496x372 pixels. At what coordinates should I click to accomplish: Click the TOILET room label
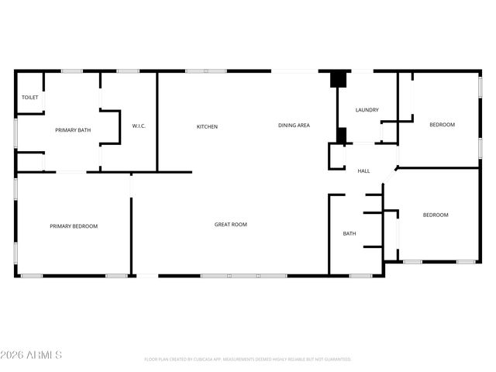click(x=29, y=98)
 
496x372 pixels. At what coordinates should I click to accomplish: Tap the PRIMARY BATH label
click(x=73, y=130)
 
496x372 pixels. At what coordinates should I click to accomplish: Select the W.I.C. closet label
click(x=139, y=126)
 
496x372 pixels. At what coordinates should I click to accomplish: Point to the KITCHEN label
click(x=207, y=126)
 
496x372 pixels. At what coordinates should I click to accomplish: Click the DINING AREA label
click(x=294, y=125)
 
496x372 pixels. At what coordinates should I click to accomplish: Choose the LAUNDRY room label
click(x=367, y=110)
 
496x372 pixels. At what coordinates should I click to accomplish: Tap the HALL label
click(x=363, y=170)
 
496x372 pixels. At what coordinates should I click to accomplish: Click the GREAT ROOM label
click(x=231, y=225)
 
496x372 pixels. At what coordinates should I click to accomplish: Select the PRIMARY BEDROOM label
click(x=74, y=226)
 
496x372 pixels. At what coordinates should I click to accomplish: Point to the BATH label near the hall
click(x=350, y=233)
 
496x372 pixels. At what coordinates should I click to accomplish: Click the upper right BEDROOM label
click(x=442, y=125)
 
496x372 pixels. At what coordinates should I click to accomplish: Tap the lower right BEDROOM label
click(x=435, y=215)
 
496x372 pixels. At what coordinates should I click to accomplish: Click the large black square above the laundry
click(x=338, y=79)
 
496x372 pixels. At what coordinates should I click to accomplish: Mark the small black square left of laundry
click(x=340, y=135)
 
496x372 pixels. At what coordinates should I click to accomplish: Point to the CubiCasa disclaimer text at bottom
click(x=248, y=360)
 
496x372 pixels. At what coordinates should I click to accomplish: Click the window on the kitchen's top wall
click(x=205, y=71)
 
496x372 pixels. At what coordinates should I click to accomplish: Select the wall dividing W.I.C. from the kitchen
click(x=157, y=122)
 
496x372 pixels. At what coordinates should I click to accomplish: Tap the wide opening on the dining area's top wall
click(x=294, y=71)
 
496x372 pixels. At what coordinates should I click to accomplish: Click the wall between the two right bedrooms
click(x=439, y=167)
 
